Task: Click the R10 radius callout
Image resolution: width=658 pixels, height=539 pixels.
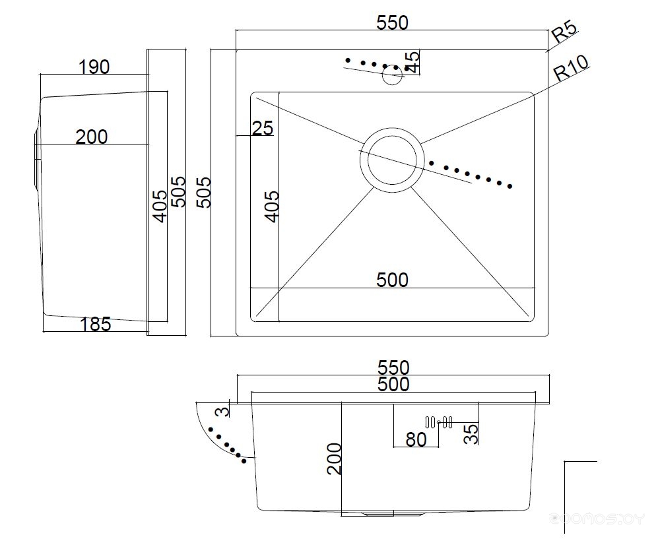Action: pyautogui.click(x=570, y=69)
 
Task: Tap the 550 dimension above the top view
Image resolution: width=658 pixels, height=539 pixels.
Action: pyautogui.click(x=392, y=22)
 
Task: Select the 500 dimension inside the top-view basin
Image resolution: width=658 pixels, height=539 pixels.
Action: pyautogui.click(x=392, y=280)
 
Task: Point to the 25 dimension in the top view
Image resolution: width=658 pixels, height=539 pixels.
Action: pyautogui.click(x=262, y=128)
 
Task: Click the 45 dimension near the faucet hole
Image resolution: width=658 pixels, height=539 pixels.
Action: pyautogui.click(x=412, y=62)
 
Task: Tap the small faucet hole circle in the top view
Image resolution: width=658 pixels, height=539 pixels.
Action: pyautogui.click(x=393, y=75)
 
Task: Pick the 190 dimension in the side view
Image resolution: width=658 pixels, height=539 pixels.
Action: pyautogui.click(x=94, y=67)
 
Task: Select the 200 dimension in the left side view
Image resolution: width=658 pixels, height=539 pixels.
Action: pyautogui.click(x=91, y=137)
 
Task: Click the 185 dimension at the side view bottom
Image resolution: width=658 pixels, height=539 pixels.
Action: pyautogui.click(x=95, y=324)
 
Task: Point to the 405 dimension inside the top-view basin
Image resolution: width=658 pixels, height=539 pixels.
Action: pyautogui.click(x=272, y=206)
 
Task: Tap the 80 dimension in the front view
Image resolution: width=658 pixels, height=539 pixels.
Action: pyautogui.click(x=416, y=439)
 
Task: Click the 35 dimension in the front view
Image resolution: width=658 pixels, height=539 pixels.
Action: pyautogui.click(x=471, y=433)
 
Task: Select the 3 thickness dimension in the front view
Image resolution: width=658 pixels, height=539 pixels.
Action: pyautogui.click(x=224, y=412)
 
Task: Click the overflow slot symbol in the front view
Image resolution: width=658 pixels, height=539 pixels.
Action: pyautogui.click(x=439, y=422)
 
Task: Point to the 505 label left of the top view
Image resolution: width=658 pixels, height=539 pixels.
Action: pyautogui.click(x=205, y=192)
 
